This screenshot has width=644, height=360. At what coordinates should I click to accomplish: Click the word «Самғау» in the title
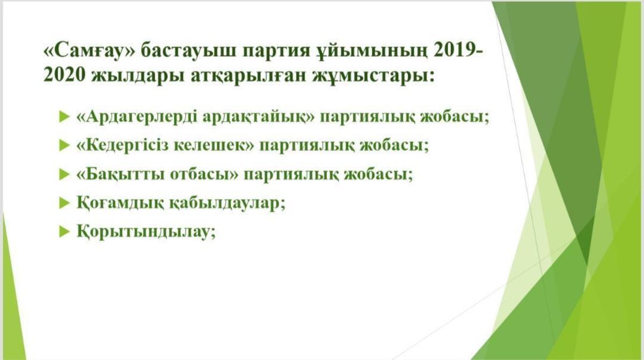point(89,51)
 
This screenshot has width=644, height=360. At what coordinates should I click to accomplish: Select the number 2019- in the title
point(458,50)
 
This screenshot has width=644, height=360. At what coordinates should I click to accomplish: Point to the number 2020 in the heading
point(64,75)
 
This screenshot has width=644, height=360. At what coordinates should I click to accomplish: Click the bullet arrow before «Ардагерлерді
point(64,116)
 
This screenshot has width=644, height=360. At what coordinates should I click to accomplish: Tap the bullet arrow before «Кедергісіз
point(64,145)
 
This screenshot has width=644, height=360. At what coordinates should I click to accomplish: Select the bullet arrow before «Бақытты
point(64,174)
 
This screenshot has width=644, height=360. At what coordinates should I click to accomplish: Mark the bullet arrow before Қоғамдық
point(64,203)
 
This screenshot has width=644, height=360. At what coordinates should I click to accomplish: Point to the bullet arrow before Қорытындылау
point(64,231)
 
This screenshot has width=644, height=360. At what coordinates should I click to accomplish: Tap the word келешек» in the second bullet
point(214,145)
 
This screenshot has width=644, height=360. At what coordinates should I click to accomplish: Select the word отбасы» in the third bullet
point(204,174)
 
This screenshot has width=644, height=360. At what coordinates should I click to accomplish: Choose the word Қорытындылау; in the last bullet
point(146,232)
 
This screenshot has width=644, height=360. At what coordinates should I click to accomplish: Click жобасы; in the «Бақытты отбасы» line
point(378,174)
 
